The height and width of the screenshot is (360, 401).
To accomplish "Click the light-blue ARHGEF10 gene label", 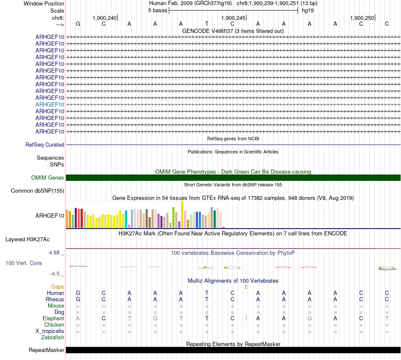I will pos(50,104).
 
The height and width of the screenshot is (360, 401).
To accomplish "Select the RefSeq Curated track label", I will pos(45,145).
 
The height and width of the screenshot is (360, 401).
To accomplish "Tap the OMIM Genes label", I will pos(48,178).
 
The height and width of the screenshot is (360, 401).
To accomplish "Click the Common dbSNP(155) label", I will pos(38,191).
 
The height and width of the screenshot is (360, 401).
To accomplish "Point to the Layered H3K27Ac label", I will pos(27,239).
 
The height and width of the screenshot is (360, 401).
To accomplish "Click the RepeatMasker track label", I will pos(46,350).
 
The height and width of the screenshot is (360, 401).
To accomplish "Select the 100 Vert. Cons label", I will pos(24,263).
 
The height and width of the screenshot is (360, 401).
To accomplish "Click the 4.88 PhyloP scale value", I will pos(55,253).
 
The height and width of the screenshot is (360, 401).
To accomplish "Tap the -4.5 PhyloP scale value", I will pos(55,273).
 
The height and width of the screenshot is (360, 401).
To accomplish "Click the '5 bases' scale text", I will pos(157,11).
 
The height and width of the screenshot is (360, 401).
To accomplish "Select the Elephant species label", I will pos(53,318).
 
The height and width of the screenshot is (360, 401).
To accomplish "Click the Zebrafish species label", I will pos(53,338).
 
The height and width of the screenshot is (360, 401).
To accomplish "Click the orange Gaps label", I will pos(57,286).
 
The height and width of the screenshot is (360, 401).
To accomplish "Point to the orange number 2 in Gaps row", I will pos(245,286).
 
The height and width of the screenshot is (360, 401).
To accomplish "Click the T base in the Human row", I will pos(207,293).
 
